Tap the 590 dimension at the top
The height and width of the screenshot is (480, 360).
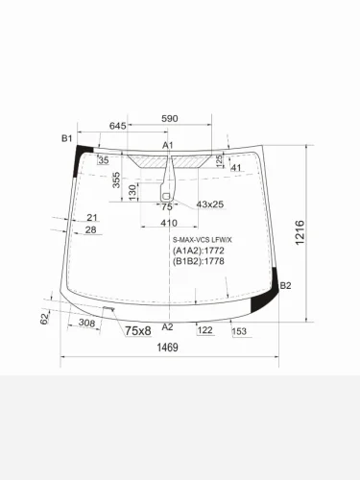coord(169,118)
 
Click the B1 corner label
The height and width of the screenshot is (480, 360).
coord(67,139)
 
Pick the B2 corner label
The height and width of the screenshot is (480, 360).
coord(285,285)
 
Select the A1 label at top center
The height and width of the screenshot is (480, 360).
coord(167,145)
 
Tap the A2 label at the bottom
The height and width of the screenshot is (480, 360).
coord(167,327)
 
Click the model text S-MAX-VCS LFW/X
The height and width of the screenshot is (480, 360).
coord(203,240)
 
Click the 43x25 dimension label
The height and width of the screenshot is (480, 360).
coord(209,204)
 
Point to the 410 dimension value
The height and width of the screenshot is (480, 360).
coord(169,223)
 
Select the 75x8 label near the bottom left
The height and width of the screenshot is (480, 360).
coord(137,331)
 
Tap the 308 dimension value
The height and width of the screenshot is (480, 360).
coord(86,324)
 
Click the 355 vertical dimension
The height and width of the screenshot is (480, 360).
coord(115,180)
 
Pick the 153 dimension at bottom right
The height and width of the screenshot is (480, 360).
coord(239,331)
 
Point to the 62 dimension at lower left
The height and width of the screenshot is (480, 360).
coord(45,318)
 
